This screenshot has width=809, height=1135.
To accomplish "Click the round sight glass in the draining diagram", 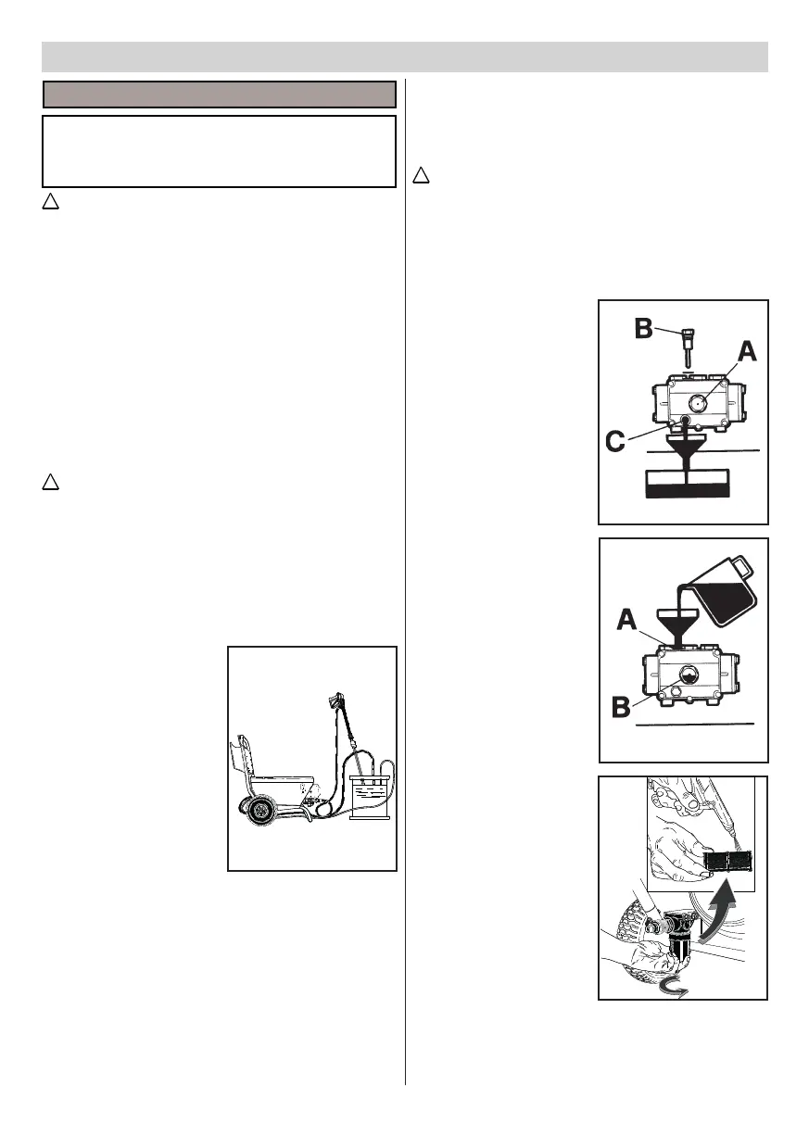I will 698,403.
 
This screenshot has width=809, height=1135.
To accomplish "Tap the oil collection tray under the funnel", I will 687,484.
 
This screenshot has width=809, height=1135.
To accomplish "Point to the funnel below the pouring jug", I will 679,623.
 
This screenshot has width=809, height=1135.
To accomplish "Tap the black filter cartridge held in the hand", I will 728,861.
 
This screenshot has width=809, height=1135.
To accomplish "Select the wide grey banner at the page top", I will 405,57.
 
